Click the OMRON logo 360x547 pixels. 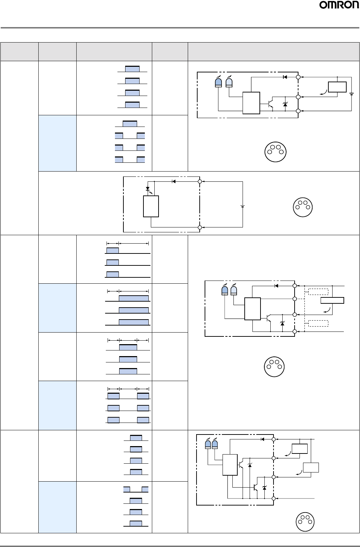pos(339,5)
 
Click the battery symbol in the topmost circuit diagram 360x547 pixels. pos(352,94)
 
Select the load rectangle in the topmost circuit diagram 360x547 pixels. pos(337,87)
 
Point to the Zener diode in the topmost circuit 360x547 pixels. pos(285,104)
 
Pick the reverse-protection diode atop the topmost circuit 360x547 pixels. pos(285,77)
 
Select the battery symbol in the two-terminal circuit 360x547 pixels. pos(243,207)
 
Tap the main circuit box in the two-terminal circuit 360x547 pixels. pos(151,206)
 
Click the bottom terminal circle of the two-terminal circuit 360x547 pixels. pos(200,227)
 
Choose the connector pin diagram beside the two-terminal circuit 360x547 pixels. pos(303,207)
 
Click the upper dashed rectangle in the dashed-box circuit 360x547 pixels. pos(318,292)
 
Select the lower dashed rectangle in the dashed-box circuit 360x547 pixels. pos(318,323)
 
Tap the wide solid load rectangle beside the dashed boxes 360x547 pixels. pos(332,300)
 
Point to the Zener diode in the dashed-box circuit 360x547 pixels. pos(282,323)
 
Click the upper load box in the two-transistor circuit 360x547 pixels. pos(300,449)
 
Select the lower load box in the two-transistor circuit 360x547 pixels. pos(311,468)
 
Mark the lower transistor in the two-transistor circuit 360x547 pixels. pos(256,488)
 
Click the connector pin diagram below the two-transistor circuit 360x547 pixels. pos(305,522)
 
